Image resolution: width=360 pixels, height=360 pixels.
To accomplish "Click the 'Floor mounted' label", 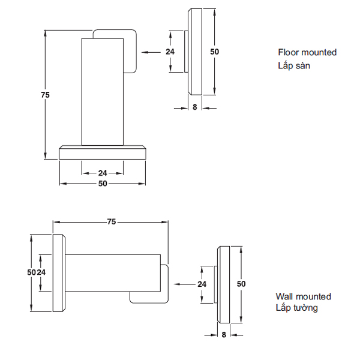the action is (307, 52).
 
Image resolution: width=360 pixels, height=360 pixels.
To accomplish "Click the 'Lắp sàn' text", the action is (294, 65).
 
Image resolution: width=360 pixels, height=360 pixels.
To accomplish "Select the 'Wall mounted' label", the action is (303, 296).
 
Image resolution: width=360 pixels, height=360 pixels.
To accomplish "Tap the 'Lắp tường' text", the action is (296, 308).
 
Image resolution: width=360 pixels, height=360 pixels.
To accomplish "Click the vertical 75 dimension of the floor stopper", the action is (45, 95).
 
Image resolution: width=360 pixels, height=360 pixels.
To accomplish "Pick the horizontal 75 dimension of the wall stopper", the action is (112, 222).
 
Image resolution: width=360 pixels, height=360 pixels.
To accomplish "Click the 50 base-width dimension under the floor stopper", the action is (103, 184).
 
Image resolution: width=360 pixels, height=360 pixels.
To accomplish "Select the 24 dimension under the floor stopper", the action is (103, 173).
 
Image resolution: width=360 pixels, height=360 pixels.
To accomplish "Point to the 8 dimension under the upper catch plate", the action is (194, 107).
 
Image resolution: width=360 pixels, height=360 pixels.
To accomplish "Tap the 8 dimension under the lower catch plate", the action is (224, 335).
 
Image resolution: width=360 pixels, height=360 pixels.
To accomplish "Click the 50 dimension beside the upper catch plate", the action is (214, 52).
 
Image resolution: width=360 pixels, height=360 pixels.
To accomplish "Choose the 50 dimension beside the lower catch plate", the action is (241, 284).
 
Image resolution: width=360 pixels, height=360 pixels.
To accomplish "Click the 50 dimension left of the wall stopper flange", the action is (31, 272).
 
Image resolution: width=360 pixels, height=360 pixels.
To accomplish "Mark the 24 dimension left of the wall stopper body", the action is (41, 272).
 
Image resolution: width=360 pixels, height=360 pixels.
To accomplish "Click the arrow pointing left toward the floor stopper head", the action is (151, 52).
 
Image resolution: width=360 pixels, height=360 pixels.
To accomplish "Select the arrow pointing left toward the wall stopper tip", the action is (184, 284).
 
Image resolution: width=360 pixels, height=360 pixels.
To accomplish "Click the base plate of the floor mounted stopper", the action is (103, 152).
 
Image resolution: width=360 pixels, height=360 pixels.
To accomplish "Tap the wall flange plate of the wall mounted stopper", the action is (59, 273).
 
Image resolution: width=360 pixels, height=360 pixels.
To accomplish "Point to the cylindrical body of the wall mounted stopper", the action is (113, 273).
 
